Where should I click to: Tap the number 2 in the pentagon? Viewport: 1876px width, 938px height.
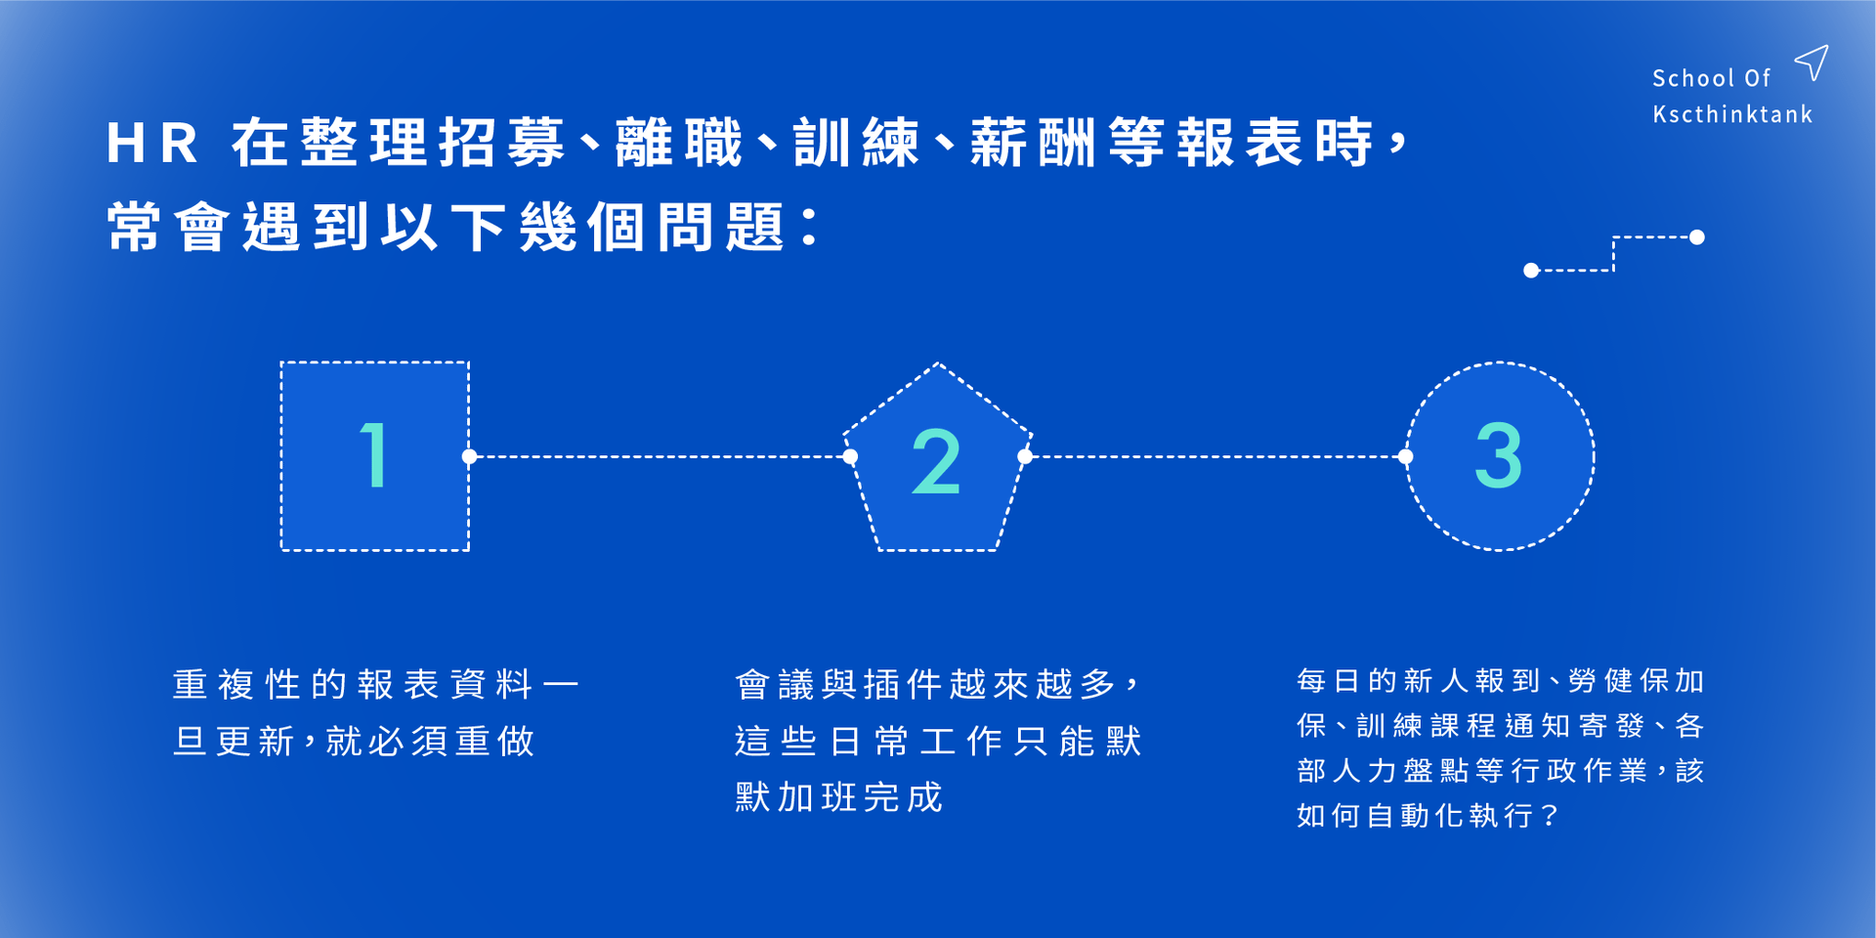coord(936,461)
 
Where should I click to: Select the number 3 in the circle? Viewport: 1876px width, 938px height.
coord(1499,455)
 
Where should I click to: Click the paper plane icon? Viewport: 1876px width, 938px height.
coord(1812,62)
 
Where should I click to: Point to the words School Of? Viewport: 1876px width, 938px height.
coord(1711,78)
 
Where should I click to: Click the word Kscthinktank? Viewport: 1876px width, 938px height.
coord(1732,114)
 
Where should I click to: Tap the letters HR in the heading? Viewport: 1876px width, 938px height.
coord(151,144)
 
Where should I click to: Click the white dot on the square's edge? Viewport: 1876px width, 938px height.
coord(470,456)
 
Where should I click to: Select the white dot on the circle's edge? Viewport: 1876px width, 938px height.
coord(1406,456)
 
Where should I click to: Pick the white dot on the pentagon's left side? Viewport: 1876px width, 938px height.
coord(850,456)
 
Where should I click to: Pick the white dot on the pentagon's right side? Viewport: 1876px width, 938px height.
coord(1025,456)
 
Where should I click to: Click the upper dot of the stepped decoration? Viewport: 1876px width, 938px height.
coord(1697,237)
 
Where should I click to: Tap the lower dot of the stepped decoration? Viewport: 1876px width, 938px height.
coord(1531,271)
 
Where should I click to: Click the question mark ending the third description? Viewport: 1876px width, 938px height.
coord(1549,816)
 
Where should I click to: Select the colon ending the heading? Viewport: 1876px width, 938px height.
coord(809,227)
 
